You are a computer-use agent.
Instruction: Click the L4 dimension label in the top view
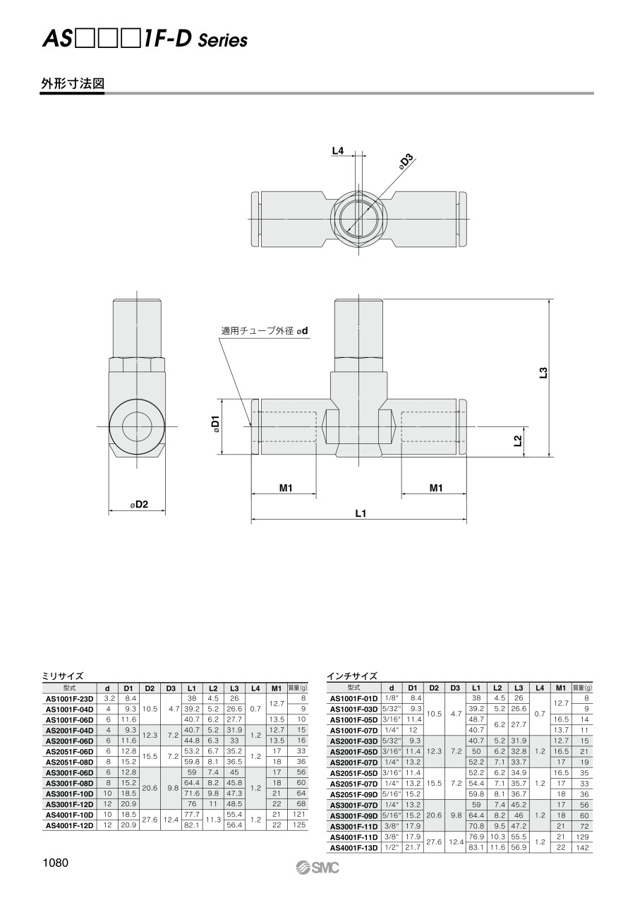(338, 151)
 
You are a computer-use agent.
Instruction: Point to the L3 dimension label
(543, 373)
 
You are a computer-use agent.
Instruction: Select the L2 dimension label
(518, 441)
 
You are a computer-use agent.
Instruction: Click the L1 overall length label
(361, 513)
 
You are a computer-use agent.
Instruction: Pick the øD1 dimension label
(215, 424)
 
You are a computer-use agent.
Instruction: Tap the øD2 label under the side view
(139, 504)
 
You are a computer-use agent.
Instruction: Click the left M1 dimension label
(286, 488)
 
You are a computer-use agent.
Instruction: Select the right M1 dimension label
(436, 488)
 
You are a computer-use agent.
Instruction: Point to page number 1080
(55, 863)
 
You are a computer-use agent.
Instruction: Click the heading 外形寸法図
(73, 83)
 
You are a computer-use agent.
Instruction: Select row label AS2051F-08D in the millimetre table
(69, 762)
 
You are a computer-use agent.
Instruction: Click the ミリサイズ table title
(63, 676)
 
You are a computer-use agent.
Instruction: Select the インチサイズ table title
(352, 676)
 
